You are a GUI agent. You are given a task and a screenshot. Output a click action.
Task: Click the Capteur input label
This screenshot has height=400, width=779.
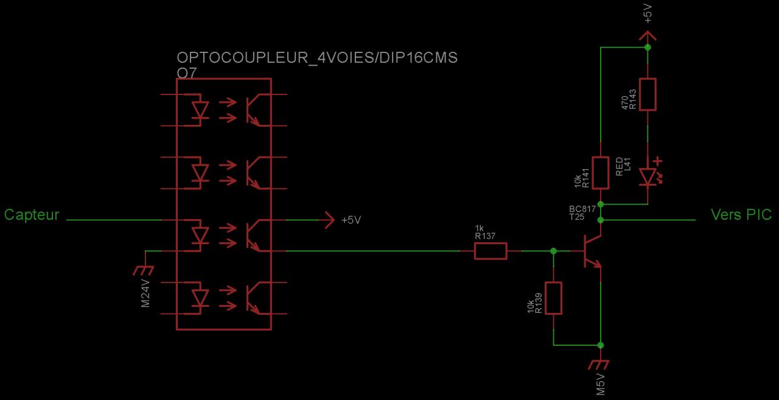tap(32, 215)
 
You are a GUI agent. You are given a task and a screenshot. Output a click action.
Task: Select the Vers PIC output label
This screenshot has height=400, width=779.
tap(741, 215)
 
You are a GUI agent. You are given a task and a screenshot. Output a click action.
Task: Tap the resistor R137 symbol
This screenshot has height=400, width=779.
tap(491, 251)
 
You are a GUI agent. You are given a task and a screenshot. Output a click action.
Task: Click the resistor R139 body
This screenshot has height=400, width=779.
tap(553, 298)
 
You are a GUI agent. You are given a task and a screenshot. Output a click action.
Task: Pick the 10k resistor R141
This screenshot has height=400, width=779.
tap(601, 172)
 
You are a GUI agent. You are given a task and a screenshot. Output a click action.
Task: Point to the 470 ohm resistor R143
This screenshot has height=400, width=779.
tap(648, 94)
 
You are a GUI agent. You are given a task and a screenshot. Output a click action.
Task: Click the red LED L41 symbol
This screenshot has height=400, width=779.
tap(648, 177)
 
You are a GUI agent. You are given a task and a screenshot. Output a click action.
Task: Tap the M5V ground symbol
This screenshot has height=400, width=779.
tap(600, 365)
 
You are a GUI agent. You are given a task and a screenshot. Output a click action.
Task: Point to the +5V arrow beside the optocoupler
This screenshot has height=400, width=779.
tap(329, 220)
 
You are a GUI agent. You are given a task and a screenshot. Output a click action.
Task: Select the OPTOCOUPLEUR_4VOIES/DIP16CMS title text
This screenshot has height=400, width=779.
tap(316, 58)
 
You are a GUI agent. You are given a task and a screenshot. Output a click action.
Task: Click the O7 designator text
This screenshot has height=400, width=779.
tap(187, 73)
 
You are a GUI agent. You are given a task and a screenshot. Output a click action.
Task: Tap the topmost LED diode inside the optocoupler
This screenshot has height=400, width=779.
tap(199, 110)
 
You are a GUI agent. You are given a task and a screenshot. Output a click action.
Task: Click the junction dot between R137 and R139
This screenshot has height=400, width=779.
tap(553, 251)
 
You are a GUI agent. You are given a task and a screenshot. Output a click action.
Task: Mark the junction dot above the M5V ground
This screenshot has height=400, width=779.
tap(601, 345)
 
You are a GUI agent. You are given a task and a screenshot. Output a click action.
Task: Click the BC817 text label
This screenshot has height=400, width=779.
tap(582, 209)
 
